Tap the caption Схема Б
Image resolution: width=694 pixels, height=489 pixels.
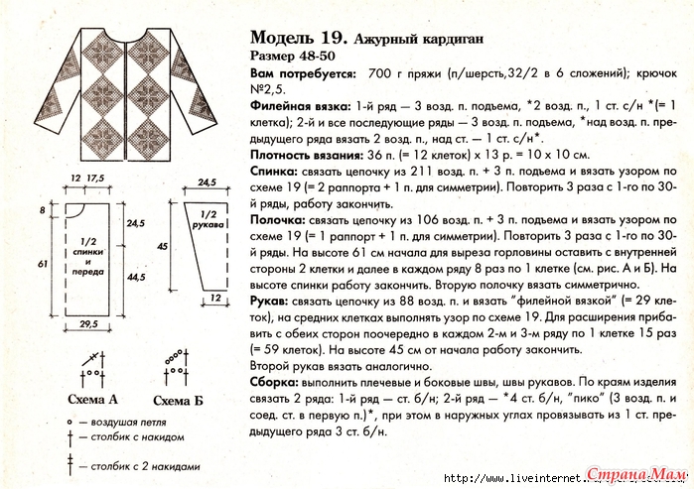pyautogui.click(x=178, y=401)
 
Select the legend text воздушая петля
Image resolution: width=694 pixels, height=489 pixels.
pyautogui.click(x=115, y=421)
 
